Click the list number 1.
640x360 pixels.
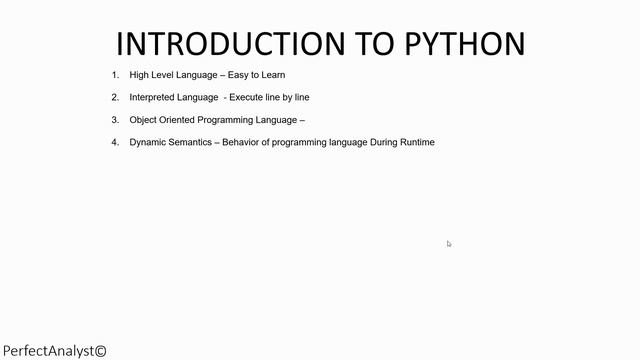[115, 75]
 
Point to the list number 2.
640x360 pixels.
[115, 97]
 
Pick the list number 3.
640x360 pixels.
[115, 120]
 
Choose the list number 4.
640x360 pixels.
[115, 142]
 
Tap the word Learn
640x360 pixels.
[273, 75]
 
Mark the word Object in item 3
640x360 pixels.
[144, 120]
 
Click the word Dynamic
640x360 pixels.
[148, 142]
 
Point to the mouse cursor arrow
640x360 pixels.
[449, 244]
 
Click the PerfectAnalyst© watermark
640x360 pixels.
[54, 351]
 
